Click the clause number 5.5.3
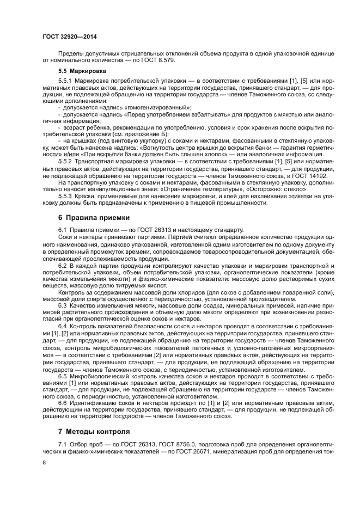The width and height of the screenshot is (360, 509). click(x=66, y=197)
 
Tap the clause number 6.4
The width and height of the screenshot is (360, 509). click(x=63, y=325)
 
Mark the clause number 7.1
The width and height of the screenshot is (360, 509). click(x=63, y=444)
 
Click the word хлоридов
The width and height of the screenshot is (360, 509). click(x=160, y=293)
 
